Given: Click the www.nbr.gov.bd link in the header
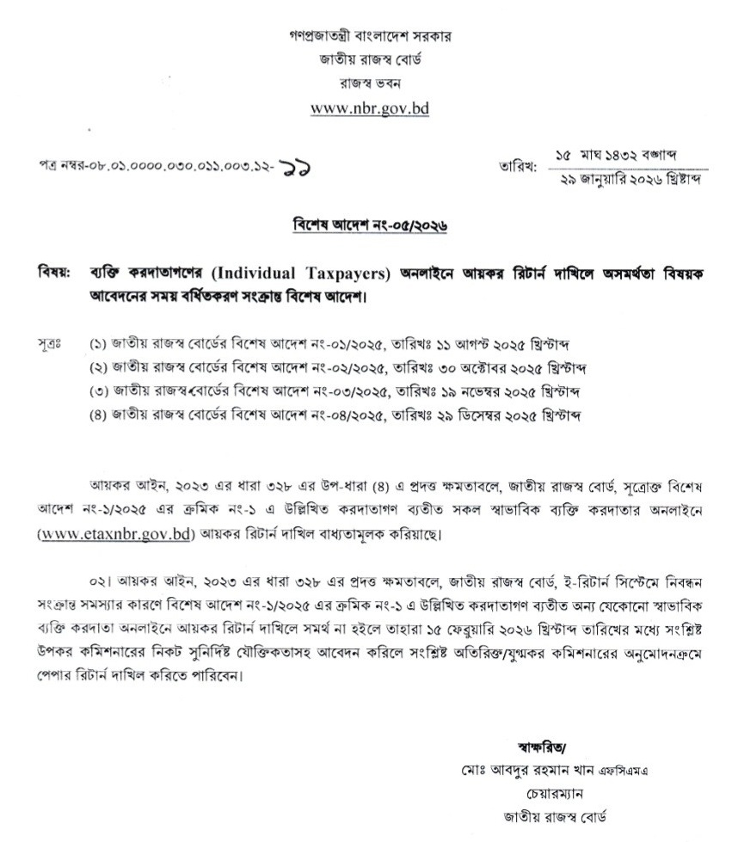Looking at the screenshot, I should [370, 109].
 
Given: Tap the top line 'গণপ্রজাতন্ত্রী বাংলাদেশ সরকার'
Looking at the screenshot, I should [371, 37].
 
